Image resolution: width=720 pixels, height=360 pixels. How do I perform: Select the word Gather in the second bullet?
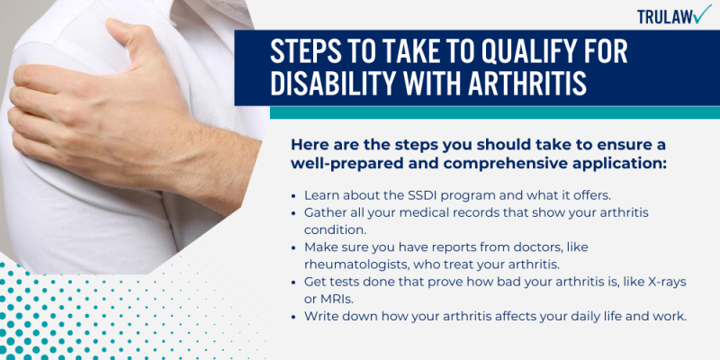328,211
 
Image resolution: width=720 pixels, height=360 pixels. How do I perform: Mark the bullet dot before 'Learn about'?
294,195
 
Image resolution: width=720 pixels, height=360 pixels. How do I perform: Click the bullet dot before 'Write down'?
294,317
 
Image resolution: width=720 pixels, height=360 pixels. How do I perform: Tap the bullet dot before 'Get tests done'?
294,283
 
